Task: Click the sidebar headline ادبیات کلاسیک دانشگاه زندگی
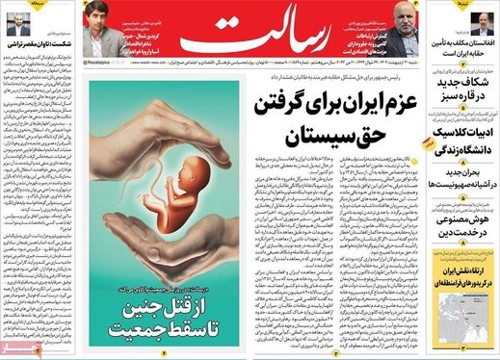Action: coord(467,142)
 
